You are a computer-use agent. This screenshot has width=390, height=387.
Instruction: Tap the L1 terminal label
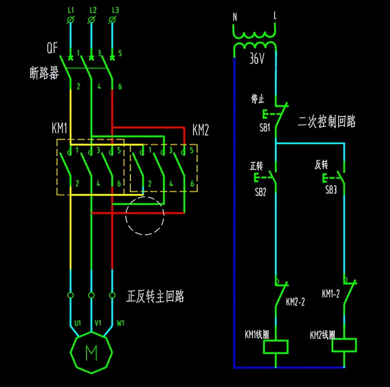tap(70, 10)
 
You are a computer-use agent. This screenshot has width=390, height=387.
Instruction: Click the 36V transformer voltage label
tap(256, 59)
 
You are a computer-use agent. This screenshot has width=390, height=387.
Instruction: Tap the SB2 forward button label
tap(261, 192)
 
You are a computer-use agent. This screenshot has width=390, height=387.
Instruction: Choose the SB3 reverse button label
tap(331, 190)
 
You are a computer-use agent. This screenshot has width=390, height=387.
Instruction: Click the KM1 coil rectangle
tap(276, 347)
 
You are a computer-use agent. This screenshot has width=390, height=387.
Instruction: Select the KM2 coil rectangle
tap(344, 345)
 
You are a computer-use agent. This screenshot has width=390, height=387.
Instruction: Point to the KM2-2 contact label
tap(296, 302)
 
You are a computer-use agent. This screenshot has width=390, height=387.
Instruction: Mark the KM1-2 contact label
tap(330, 294)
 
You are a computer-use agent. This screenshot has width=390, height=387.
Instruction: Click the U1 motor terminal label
tap(78, 323)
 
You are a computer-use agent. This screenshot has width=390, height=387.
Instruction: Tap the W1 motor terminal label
tap(121, 323)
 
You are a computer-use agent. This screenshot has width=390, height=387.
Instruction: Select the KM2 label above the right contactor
tap(200, 130)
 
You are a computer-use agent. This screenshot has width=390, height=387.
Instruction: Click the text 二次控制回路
tap(327, 121)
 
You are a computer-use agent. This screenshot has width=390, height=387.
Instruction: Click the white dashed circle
tap(145, 216)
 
